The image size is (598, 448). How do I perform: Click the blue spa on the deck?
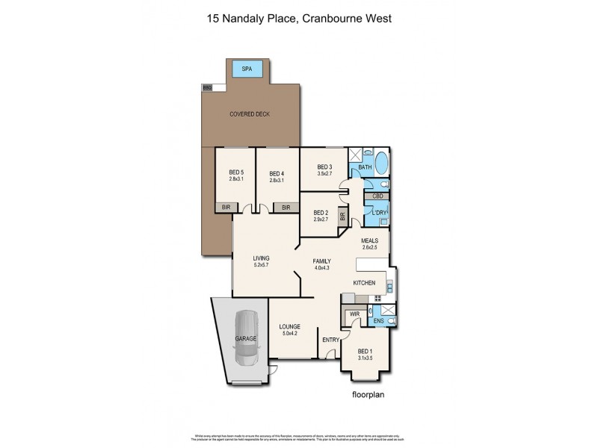pyautogui.click(x=247, y=69)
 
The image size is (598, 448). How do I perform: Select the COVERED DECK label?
pyautogui.click(x=250, y=114)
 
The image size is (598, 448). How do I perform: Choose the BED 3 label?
pyautogui.click(x=324, y=167)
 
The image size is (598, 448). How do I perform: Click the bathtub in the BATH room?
pyautogui.click(x=381, y=164)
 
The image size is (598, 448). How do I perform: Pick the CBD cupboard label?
pyautogui.click(x=377, y=196)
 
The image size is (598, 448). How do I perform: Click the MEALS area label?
pyautogui.click(x=369, y=240)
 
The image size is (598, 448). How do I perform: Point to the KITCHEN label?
pyautogui.click(x=365, y=284)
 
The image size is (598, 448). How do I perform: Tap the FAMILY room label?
pyautogui.click(x=322, y=261)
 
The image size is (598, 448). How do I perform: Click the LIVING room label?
pyautogui.click(x=261, y=258)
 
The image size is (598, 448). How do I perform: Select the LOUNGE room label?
pyautogui.click(x=289, y=326)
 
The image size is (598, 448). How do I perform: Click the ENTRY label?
pyautogui.click(x=330, y=340)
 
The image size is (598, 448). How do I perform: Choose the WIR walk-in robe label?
pyautogui.click(x=355, y=314)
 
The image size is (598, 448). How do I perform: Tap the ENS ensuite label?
pyautogui.click(x=379, y=321)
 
